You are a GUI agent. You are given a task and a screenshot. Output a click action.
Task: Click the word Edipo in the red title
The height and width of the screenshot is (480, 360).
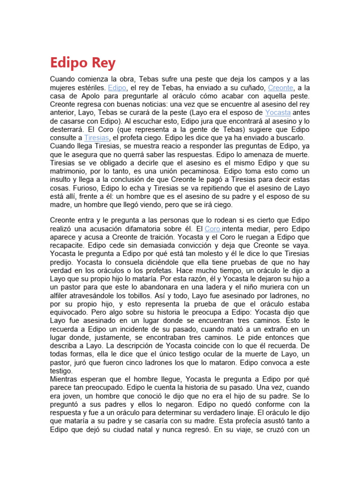click(68, 63)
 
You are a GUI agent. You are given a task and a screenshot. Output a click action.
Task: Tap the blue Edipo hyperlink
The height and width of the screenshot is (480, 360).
click(117, 88)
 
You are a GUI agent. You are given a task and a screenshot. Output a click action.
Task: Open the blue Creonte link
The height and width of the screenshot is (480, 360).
click(281, 88)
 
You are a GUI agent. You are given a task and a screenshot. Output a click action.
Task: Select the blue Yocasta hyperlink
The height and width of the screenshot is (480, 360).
click(278, 112)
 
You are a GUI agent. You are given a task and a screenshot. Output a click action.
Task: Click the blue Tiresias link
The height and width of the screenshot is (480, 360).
click(97, 138)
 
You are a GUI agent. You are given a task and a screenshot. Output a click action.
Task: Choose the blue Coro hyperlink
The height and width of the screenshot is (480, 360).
click(213, 229)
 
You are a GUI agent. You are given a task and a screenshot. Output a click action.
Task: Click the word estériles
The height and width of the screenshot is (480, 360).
click(89, 88)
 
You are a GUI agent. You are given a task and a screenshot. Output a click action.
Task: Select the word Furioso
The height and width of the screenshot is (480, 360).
click(63, 188)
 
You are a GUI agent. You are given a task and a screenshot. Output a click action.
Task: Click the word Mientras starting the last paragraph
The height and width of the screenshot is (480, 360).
click(66, 379)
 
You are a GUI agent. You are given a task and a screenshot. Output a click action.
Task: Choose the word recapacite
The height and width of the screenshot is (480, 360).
click(69, 245)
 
